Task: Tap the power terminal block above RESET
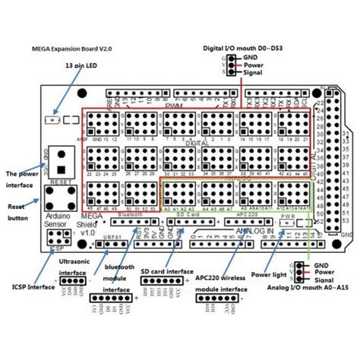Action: click(61, 159)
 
